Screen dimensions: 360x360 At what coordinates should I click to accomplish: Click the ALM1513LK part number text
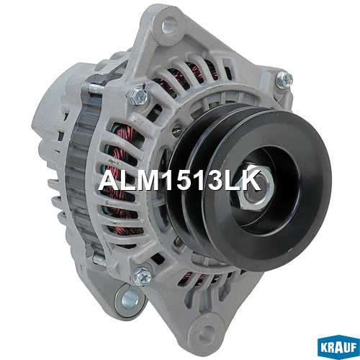coord(179,180)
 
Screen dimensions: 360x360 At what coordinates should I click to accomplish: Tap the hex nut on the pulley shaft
coord(256,189)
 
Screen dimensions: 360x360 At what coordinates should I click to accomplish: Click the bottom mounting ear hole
coord(207,332)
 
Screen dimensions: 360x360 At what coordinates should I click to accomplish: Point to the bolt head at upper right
coord(284,79)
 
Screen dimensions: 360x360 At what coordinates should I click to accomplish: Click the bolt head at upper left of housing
coord(138,96)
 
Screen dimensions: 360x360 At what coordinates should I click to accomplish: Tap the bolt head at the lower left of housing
coord(143,276)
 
